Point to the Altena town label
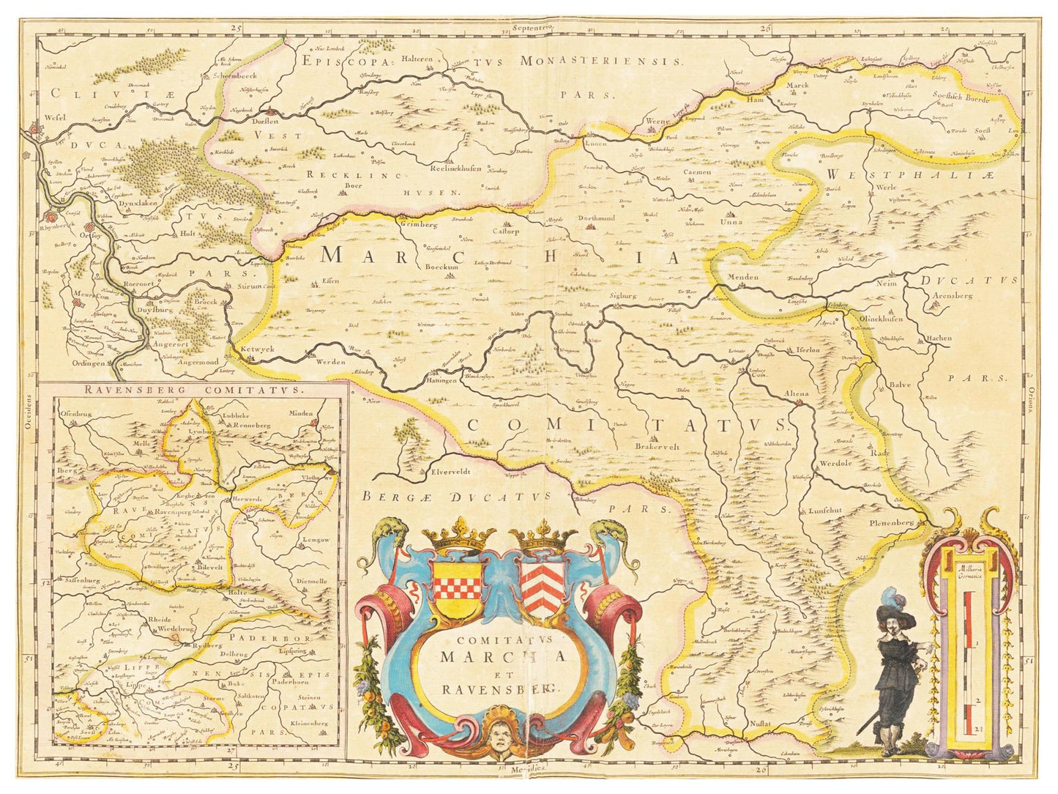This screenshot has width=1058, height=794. pos(797,394)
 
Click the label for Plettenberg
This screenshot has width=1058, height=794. pos(892,523)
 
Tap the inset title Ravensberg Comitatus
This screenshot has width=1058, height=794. pos(193,390)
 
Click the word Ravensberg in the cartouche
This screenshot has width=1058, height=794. pos(500,689)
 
